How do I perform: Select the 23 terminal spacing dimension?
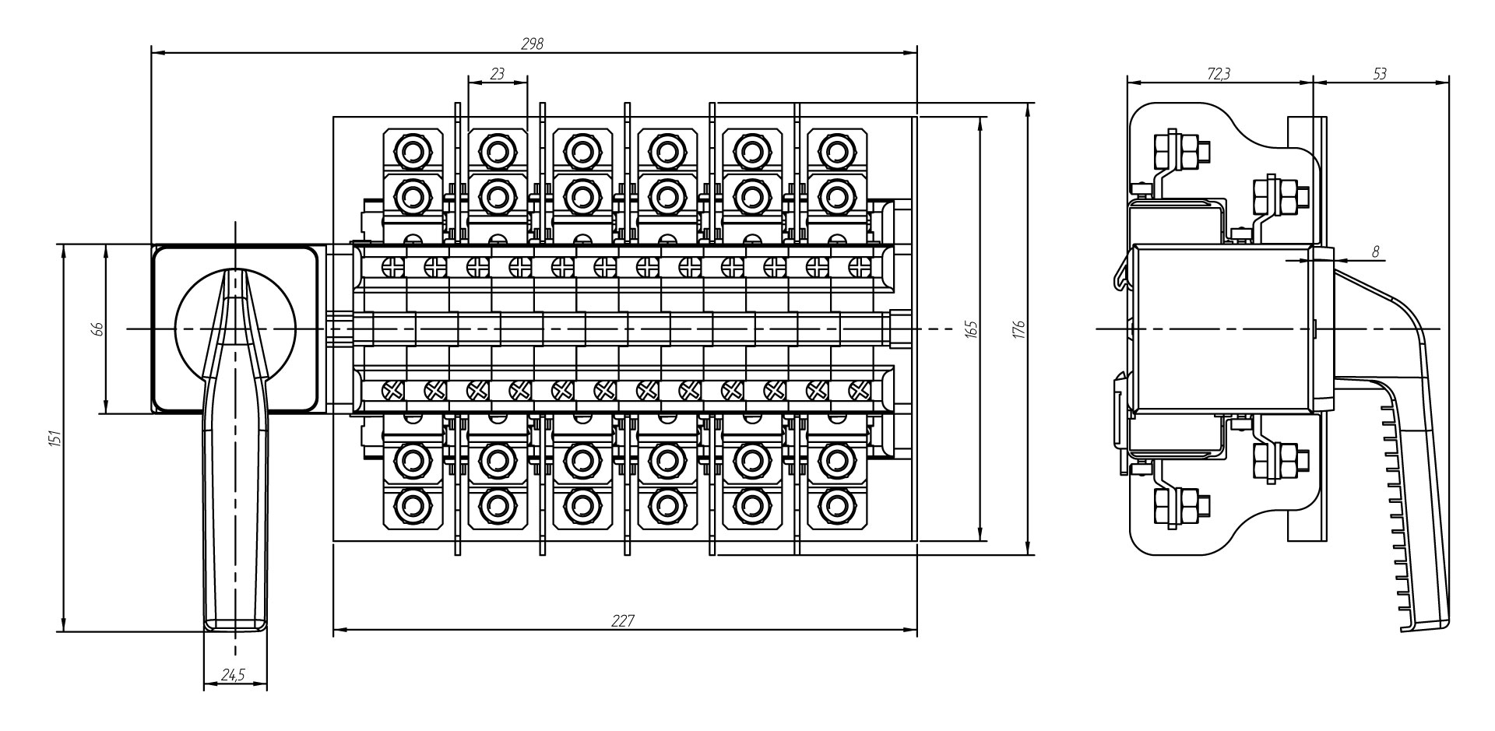pos(498,74)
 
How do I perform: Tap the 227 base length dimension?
pos(624,620)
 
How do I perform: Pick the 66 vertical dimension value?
pos(98,329)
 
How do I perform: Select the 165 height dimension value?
pos(970,329)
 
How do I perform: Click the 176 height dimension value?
pos(1019,329)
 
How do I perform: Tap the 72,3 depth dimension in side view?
pos(1219,74)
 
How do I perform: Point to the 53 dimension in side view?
pos(1380,74)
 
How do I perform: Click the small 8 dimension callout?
pos(1375,251)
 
